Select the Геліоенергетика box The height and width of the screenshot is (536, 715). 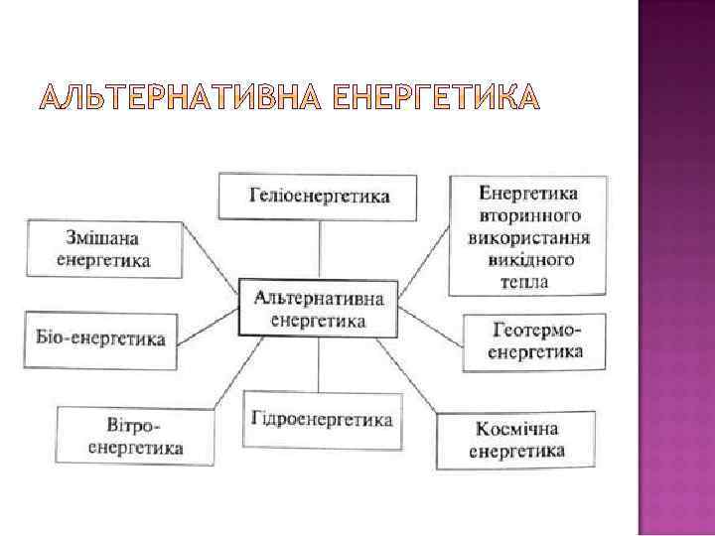click(318, 196)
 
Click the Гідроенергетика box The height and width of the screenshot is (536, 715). click(317, 419)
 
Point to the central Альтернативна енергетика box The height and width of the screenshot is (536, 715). click(318, 309)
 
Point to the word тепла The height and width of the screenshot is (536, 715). click(524, 282)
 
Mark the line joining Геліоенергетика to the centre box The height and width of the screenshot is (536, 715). click(318, 248)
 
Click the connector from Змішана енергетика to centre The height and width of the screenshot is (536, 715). click(213, 265)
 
